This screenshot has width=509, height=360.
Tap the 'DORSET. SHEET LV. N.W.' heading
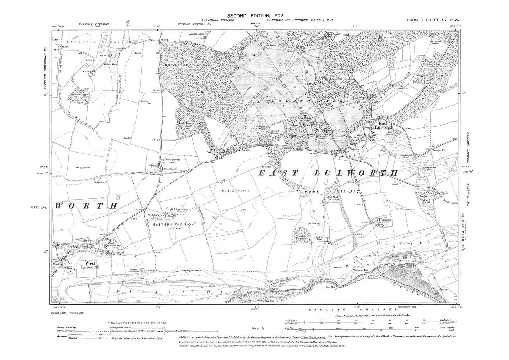[433, 21]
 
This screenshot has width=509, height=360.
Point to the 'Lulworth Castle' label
[298, 125]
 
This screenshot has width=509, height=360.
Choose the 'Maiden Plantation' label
[302, 237]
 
